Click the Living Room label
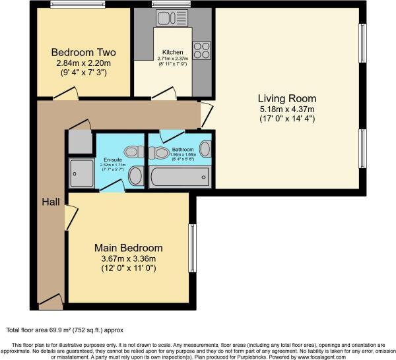286,97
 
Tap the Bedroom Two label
83,52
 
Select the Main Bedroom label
128,248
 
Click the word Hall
49,200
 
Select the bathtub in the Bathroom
179,177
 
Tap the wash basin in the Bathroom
205,148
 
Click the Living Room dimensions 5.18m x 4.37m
286,109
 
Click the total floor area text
65,330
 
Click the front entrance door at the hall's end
51,303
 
